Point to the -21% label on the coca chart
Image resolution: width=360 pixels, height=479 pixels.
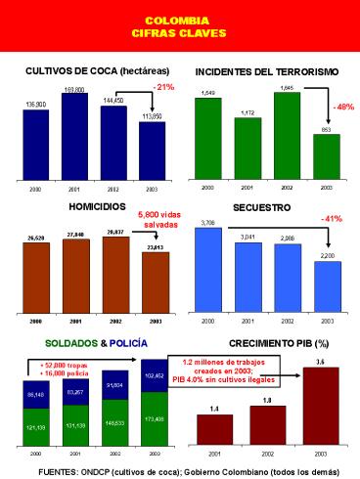click(x=163, y=87)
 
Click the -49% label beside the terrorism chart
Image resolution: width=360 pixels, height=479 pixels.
click(x=343, y=107)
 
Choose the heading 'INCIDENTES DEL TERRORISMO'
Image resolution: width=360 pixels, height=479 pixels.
click(x=266, y=71)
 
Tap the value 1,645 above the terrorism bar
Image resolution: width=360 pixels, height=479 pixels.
click(x=288, y=88)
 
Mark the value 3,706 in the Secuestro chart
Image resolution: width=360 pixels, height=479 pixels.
click(x=207, y=223)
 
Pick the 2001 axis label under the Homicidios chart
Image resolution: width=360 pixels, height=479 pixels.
click(x=75, y=320)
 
